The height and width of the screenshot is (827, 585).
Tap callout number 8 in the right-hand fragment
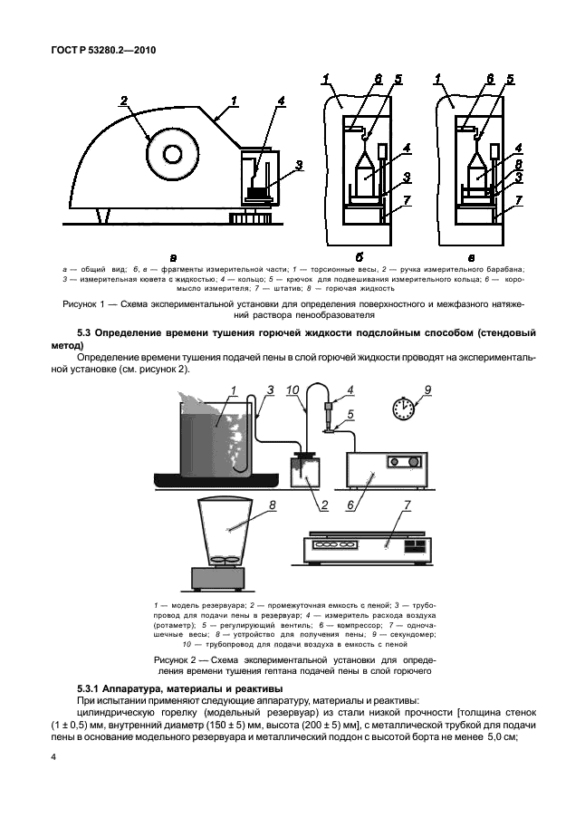(517, 166)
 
